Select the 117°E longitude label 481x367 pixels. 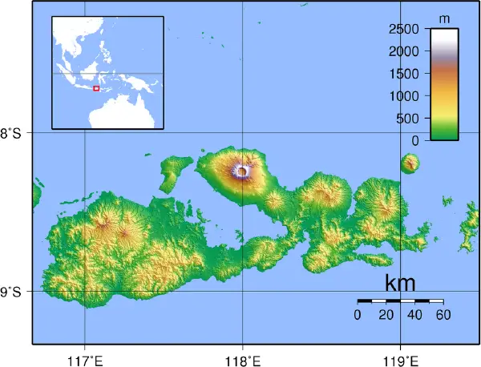[x=85, y=358]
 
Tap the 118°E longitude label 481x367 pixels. [x=243, y=358]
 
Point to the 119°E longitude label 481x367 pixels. [x=401, y=358]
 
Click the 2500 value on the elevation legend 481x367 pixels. [x=403, y=30]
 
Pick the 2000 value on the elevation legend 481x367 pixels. [x=403, y=51]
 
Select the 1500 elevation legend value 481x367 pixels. [x=403, y=74]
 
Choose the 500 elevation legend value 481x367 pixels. [x=408, y=119]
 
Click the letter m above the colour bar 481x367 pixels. [x=444, y=17]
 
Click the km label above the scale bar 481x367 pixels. [x=400, y=283]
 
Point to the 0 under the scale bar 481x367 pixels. [x=358, y=314]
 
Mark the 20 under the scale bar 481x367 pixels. [x=386, y=314]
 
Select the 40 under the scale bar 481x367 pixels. [x=414, y=314]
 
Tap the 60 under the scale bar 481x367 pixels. [x=443, y=314]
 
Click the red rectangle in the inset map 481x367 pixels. [x=96, y=88]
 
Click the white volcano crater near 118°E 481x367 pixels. [x=242, y=170]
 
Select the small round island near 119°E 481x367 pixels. [x=410, y=164]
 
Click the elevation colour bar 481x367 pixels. [x=444, y=84]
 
